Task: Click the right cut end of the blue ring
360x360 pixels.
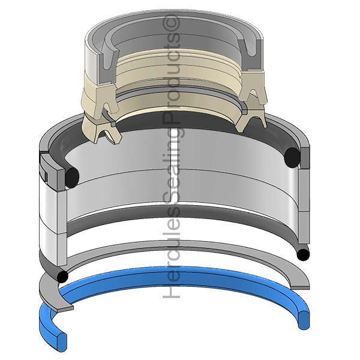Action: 304,320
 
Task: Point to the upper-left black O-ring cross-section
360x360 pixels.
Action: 72,178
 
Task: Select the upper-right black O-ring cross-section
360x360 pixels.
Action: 292,157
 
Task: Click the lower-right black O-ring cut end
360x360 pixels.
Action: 303,254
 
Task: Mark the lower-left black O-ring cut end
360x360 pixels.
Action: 62,277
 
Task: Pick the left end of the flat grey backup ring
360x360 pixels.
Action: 65,308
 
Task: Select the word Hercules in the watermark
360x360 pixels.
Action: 171,251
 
